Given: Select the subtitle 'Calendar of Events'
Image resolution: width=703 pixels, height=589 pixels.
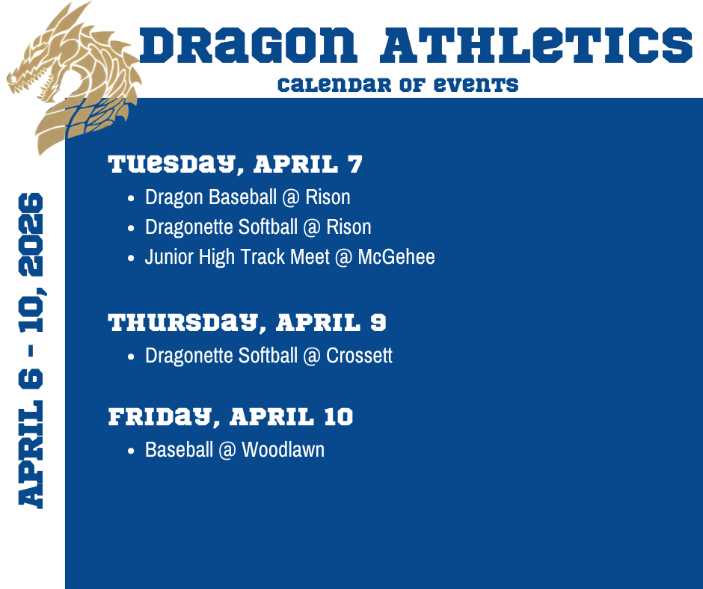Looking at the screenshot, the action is (x=398, y=84).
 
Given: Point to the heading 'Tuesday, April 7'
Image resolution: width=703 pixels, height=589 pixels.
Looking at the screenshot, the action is (x=235, y=164).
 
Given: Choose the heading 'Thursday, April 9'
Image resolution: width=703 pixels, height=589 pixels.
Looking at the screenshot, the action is (x=247, y=323).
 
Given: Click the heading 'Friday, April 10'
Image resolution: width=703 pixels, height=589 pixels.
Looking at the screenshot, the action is (x=230, y=417).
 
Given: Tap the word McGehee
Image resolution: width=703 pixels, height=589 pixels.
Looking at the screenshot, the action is (x=396, y=257).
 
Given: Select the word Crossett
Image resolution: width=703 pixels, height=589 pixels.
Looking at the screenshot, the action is (x=359, y=356).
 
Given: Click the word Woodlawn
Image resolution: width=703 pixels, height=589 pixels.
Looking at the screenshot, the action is (x=283, y=449).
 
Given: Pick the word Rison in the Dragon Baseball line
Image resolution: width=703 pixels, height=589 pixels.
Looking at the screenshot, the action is (x=328, y=197).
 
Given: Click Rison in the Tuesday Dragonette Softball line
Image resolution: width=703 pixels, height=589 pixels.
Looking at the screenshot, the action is (x=349, y=226).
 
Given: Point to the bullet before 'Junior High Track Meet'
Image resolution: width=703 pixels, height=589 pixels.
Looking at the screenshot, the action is (x=131, y=258).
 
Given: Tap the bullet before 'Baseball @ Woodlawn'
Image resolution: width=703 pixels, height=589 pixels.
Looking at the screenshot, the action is (x=131, y=451).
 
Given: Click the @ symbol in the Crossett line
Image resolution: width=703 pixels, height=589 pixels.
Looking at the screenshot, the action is (x=312, y=356).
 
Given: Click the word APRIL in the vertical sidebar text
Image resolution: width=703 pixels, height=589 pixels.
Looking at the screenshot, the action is (x=31, y=455).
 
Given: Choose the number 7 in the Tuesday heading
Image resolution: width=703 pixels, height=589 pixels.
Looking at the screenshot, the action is (x=354, y=164).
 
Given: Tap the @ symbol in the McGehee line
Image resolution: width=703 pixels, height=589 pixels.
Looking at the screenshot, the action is (x=343, y=257).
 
